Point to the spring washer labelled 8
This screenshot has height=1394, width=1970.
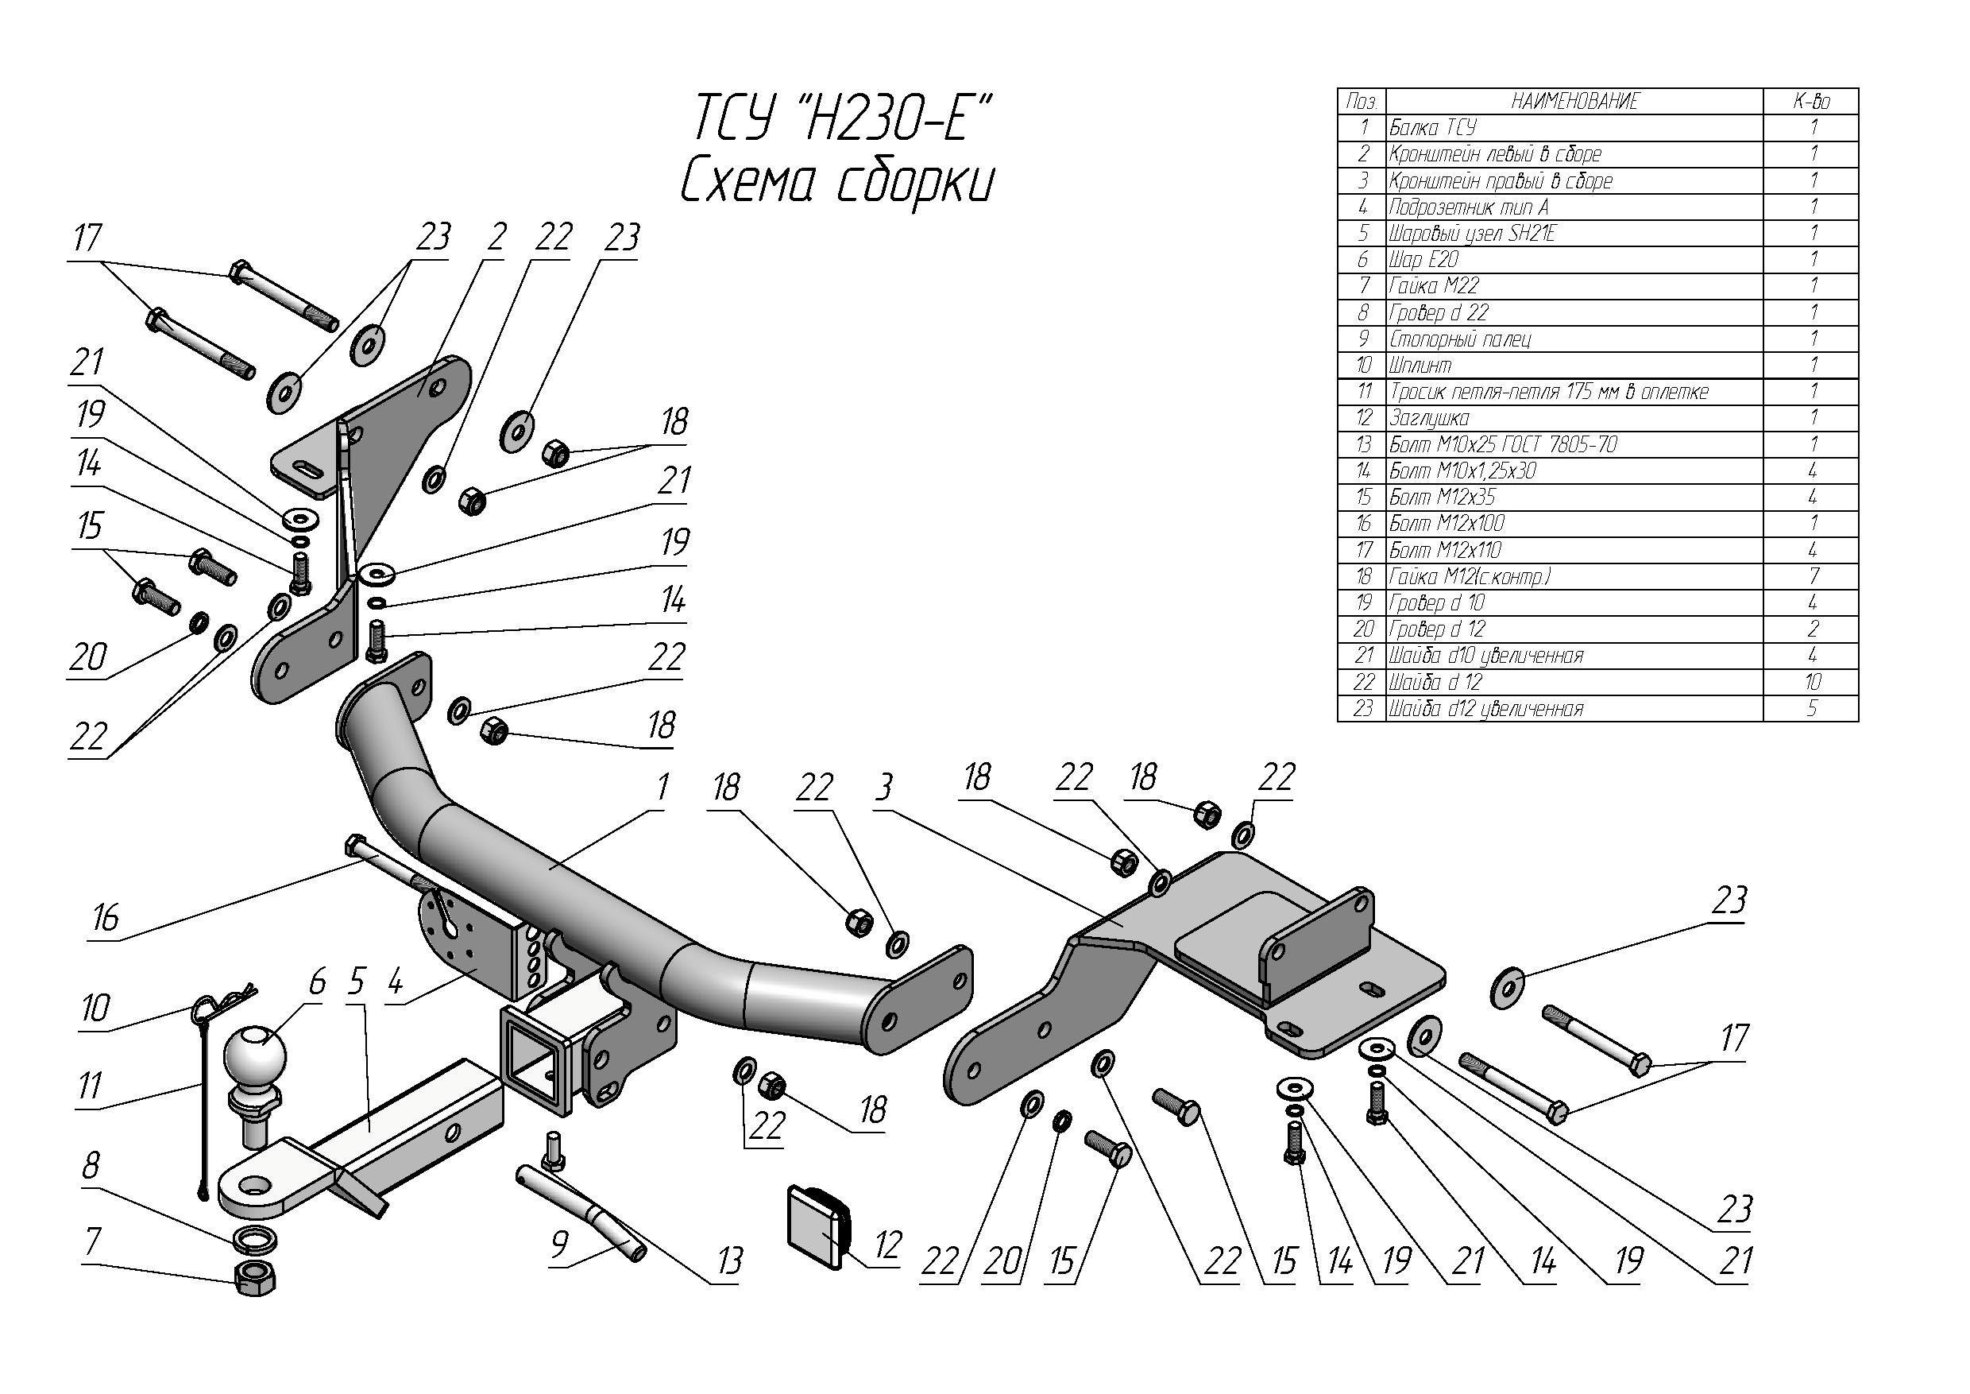pyautogui.click(x=255, y=1240)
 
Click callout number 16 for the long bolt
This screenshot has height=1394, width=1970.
pyautogui.click(x=106, y=919)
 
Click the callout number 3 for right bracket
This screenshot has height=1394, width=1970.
pyautogui.click(x=884, y=786)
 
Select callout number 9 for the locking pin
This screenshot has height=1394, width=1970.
pyautogui.click(x=559, y=1244)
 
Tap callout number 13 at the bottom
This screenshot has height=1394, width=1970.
pyautogui.click(x=729, y=1261)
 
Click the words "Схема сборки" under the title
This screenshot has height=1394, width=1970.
pyautogui.click(x=836, y=183)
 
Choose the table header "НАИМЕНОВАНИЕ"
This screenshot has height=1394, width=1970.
pyautogui.click(x=1574, y=101)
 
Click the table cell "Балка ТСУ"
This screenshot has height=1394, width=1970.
pyautogui.click(x=1433, y=128)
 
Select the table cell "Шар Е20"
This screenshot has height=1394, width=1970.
pyautogui.click(x=1423, y=259)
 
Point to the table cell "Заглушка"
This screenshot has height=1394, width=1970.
pyautogui.click(x=1428, y=418)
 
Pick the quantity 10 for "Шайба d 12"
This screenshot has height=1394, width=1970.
pyautogui.click(x=1812, y=683)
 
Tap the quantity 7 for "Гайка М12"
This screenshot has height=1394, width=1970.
pyautogui.click(x=1812, y=576)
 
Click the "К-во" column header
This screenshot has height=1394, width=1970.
pyautogui.click(x=1811, y=101)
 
